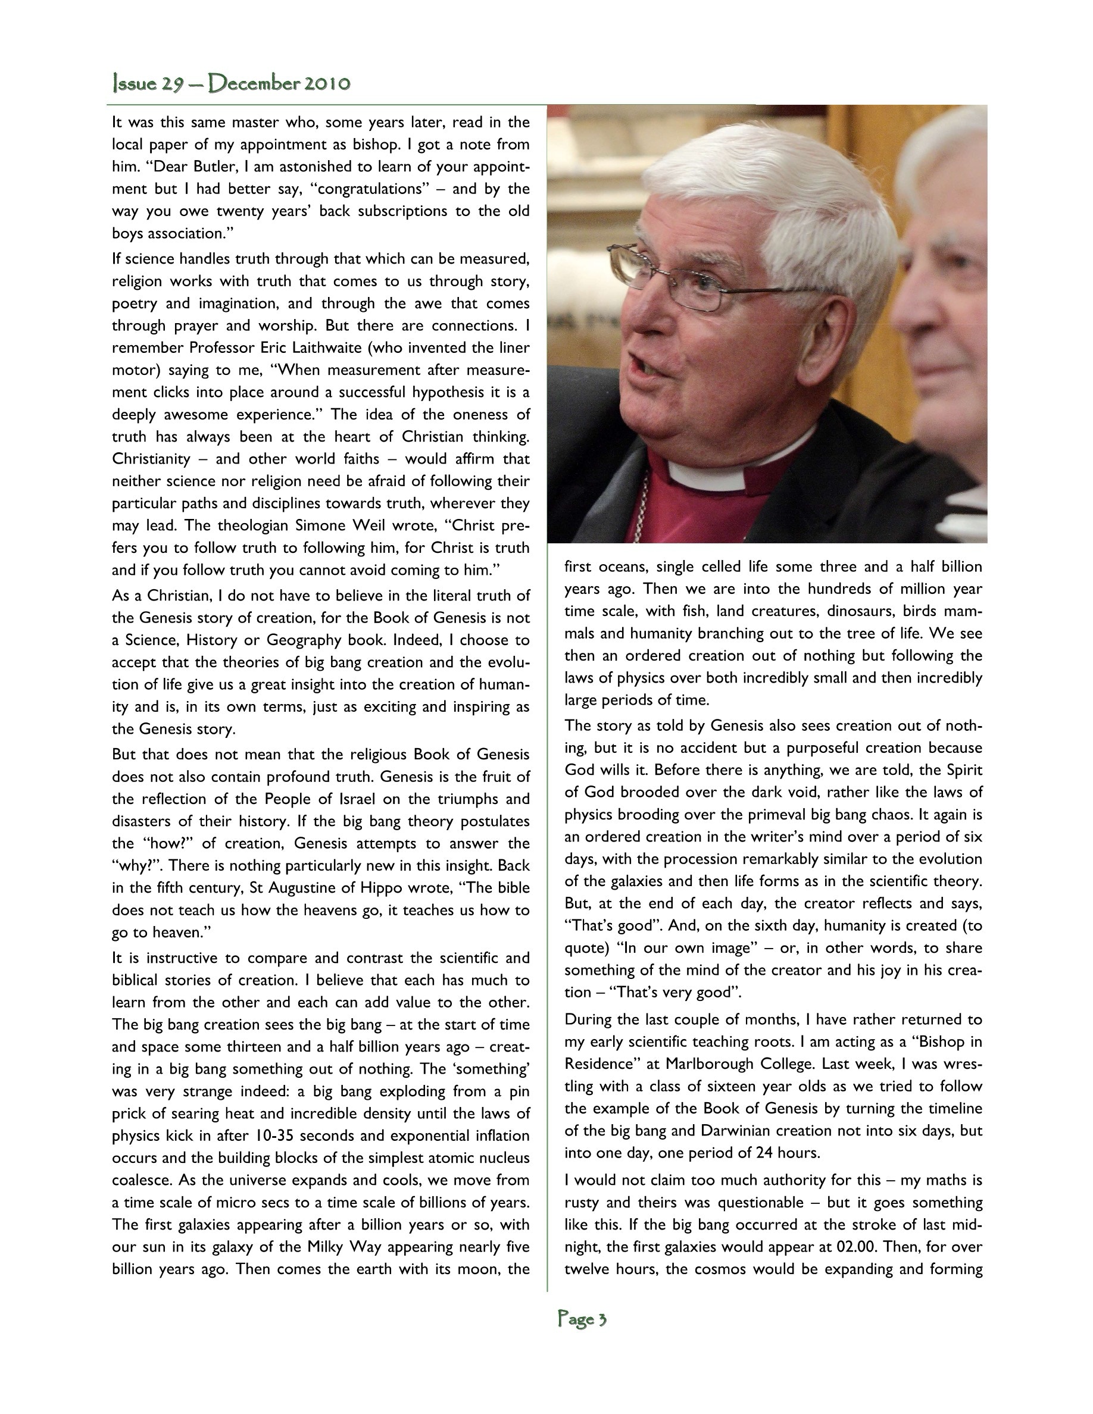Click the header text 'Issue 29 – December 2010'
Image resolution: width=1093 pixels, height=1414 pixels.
click(x=231, y=83)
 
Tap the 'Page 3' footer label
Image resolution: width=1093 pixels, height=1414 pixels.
click(x=582, y=1319)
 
